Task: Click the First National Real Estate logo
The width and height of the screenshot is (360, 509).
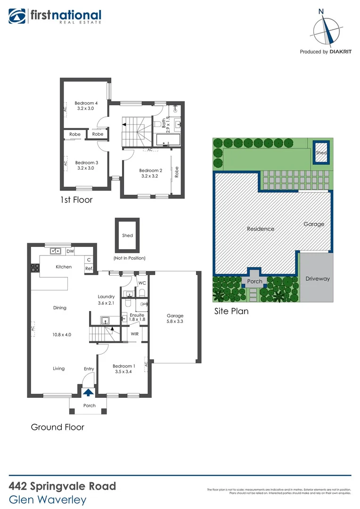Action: (55, 16)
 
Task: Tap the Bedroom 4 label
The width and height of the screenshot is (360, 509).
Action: (86, 106)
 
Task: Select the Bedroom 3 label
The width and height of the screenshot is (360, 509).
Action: (86, 165)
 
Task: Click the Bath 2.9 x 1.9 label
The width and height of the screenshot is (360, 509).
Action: (165, 121)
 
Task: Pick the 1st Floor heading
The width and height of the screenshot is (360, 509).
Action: (76, 200)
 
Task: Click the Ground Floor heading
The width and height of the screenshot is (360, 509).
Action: (57, 427)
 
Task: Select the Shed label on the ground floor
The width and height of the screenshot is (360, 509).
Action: (127, 235)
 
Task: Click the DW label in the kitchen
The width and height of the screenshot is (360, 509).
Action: (70, 252)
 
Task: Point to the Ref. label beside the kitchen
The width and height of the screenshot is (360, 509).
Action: (89, 269)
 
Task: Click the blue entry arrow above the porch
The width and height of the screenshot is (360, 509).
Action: (88, 391)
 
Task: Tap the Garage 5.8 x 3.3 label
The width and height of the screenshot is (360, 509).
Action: (175, 319)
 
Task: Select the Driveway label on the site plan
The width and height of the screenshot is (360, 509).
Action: (317, 279)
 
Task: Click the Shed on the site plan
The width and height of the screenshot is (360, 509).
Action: (321, 153)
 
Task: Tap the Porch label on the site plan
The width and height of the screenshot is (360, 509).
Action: (255, 282)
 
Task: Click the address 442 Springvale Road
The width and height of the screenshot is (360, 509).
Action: (62, 486)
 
